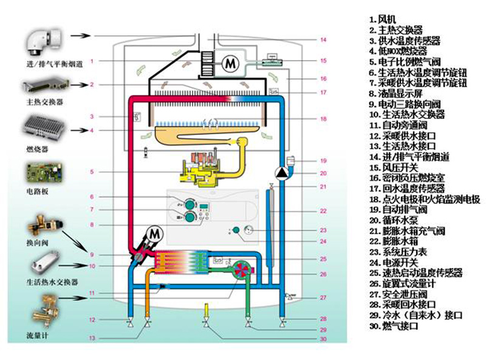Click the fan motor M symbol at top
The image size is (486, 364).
point(230,62)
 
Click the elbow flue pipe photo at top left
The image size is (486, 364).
point(43,40)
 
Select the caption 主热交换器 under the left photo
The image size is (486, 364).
point(42,101)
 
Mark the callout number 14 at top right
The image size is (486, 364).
point(323,40)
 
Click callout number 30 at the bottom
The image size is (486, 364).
point(323,339)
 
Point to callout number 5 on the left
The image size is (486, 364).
point(91,172)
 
